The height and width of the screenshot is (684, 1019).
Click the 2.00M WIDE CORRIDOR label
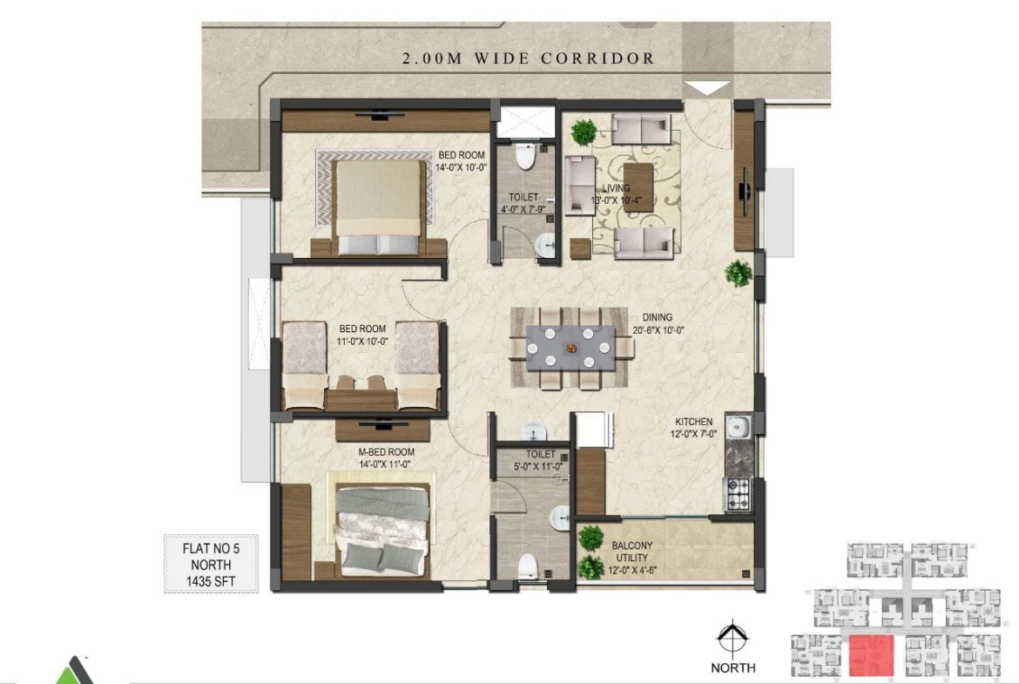pos(529,58)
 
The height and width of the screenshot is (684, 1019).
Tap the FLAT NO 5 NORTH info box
pos(211,564)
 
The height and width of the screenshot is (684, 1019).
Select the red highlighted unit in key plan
pos(872,655)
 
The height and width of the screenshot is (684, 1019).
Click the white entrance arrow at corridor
pos(708,88)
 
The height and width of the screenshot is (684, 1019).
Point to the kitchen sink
pos(739,427)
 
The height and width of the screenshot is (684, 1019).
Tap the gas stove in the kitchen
pos(739,493)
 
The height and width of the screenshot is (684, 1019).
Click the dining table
pos(570,349)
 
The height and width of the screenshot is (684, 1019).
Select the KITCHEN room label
pos(693,422)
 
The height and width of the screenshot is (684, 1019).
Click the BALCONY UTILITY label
pos(631,552)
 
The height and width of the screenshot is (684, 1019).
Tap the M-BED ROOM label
pos(386,452)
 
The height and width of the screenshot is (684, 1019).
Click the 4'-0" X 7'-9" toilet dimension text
pos(523,209)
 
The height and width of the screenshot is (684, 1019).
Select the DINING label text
pos(657,317)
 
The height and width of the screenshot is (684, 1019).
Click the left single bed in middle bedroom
pos(303,365)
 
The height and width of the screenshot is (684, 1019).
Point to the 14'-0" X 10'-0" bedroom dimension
pos(462,167)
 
